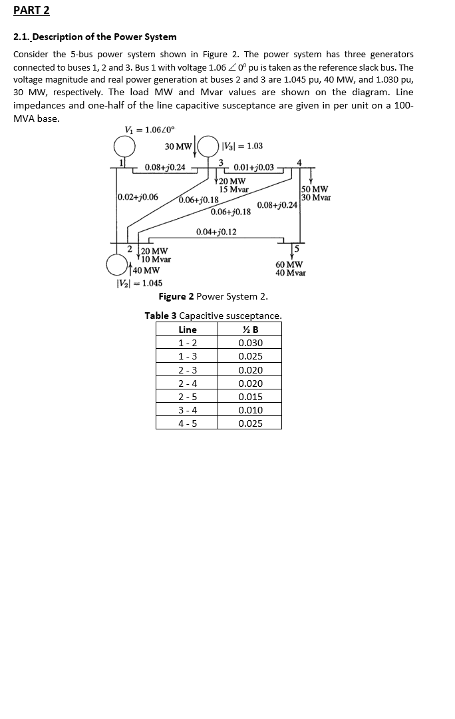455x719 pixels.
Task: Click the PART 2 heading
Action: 32,11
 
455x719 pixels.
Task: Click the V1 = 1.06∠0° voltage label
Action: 150,130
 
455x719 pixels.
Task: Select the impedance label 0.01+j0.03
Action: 253,166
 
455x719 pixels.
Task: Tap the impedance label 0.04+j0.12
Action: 216,232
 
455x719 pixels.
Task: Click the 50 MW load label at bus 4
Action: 314,189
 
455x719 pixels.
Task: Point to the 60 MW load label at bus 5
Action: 289,264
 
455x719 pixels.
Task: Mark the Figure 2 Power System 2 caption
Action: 213,296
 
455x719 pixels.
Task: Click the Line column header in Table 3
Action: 188,330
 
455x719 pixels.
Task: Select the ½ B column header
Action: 250,330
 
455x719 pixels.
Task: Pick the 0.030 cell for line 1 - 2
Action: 250,343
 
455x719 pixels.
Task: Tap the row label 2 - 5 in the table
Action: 188,397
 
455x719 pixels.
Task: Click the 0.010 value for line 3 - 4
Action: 250,410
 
